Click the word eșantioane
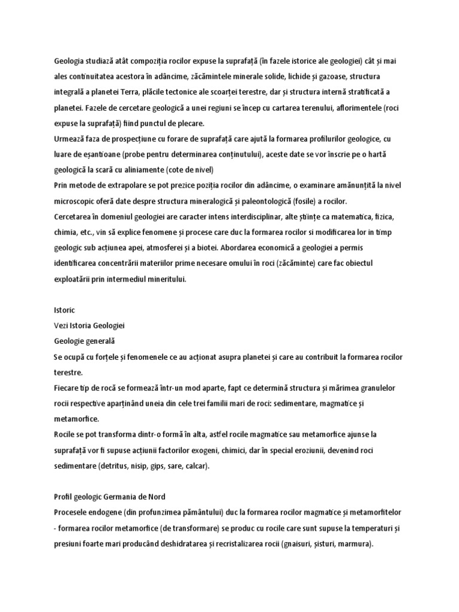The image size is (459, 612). click(x=97, y=154)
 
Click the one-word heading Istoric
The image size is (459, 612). click(x=64, y=310)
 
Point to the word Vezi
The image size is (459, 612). click(x=62, y=325)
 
